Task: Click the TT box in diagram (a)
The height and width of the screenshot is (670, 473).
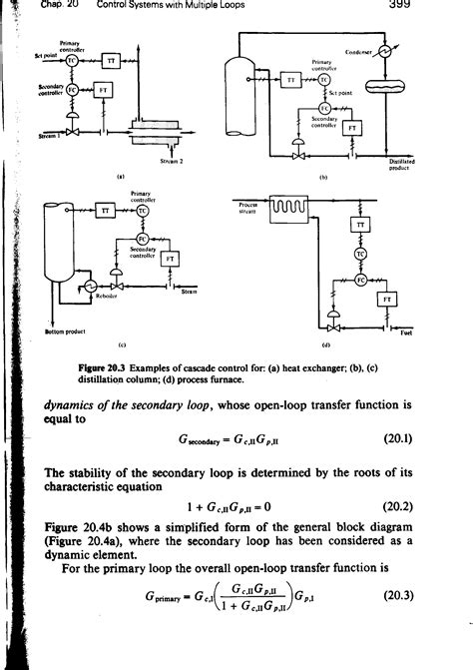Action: coord(112,62)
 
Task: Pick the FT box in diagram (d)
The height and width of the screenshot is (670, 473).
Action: coord(387,299)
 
